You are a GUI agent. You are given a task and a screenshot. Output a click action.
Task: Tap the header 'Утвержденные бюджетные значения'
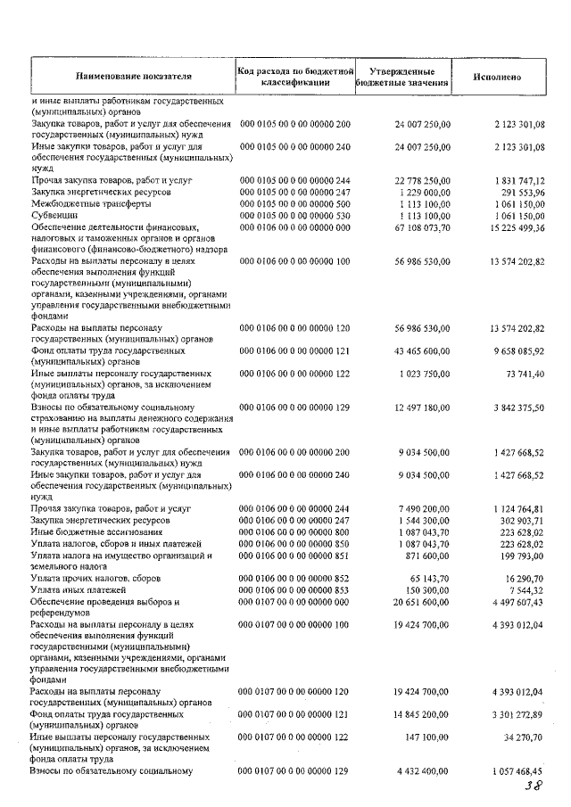click(x=401, y=77)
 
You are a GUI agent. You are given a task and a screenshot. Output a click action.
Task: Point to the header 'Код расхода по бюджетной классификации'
click(x=295, y=77)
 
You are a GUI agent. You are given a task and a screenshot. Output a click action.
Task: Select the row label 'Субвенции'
click(x=54, y=216)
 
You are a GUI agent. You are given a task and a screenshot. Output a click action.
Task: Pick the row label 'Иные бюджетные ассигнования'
click(x=94, y=531)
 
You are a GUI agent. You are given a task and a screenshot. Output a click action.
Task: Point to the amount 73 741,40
click(x=520, y=373)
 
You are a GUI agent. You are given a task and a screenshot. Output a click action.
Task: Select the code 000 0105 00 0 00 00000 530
click(x=295, y=216)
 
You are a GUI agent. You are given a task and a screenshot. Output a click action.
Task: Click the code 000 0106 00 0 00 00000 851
click(x=295, y=556)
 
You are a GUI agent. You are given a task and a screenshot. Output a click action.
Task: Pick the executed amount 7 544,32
click(x=524, y=589)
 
